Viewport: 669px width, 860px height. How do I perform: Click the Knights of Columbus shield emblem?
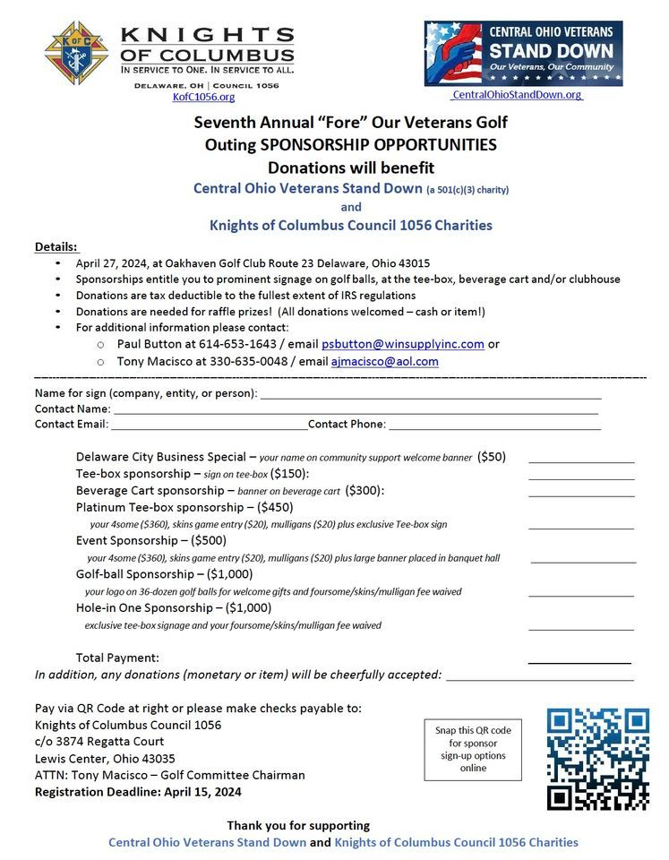[76, 53]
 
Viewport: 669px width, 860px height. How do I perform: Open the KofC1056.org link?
[203, 97]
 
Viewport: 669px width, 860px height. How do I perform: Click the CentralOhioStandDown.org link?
[517, 94]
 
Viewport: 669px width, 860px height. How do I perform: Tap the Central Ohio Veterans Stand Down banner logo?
[523, 54]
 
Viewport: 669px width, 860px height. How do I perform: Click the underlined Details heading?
[56, 246]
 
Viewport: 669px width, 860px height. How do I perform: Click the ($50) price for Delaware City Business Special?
[492, 456]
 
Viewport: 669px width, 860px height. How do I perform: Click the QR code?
[597, 758]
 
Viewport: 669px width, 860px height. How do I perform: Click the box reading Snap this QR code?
[472, 749]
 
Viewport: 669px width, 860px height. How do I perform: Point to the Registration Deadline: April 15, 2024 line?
[138, 792]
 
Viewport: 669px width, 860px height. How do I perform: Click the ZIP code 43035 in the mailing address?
[158, 758]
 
